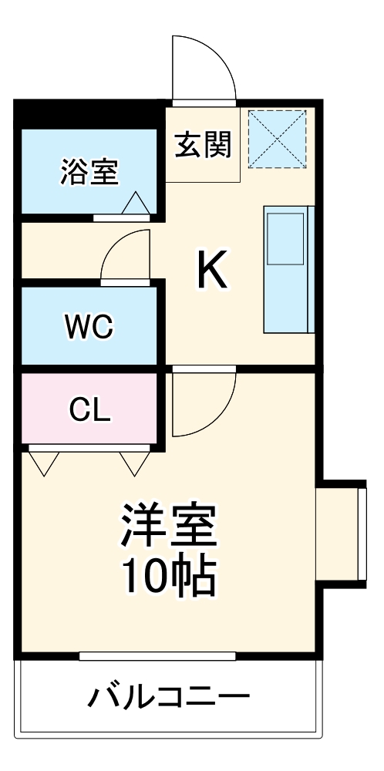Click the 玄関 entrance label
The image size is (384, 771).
tap(203, 144)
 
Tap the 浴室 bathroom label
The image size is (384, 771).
tap(90, 172)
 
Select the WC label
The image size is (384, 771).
tap(89, 327)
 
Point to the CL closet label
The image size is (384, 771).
tap(89, 409)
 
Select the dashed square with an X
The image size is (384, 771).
tap(277, 139)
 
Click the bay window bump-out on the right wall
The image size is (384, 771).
tap(340, 533)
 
